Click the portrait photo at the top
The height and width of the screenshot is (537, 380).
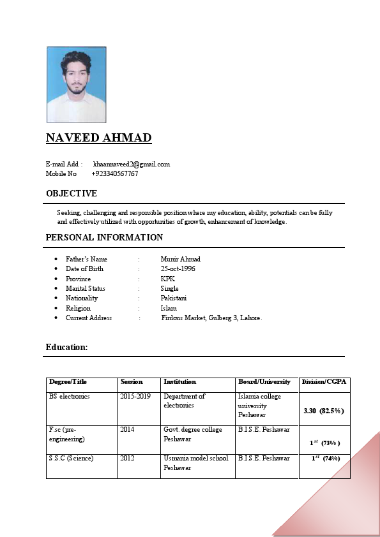(76, 84)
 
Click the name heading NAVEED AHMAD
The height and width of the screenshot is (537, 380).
(98, 138)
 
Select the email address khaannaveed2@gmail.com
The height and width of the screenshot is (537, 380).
(132, 164)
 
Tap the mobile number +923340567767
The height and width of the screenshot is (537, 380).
(115, 173)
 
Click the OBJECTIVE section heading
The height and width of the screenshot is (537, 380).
(72, 193)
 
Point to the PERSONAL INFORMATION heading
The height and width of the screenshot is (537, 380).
(104, 237)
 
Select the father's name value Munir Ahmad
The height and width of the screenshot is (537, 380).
(181, 259)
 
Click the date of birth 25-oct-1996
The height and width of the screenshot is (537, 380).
(178, 268)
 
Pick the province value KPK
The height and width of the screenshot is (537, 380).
(168, 279)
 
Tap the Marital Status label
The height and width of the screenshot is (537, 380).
(86, 288)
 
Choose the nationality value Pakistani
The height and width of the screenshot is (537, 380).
(174, 298)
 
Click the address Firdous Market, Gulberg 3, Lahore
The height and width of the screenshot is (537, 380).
(211, 318)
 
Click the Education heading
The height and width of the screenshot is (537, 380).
(66, 347)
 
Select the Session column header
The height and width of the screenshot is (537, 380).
(132, 382)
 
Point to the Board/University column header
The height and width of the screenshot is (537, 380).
(264, 382)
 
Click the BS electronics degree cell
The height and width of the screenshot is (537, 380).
(70, 396)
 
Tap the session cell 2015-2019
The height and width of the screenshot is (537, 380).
(135, 396)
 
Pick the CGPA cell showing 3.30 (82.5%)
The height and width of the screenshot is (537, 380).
(324, 411)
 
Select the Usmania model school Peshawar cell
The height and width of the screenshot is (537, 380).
(195, 463)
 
